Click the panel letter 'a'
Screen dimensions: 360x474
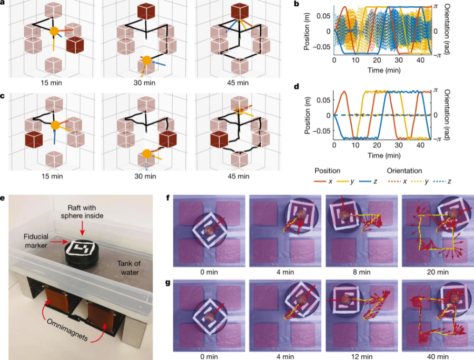[3, 4]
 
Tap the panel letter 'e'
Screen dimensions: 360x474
[3, 199]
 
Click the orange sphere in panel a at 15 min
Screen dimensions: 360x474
[54, 32]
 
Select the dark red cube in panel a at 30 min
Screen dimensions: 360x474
[145, 13]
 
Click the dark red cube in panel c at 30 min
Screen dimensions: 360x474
[168, 139]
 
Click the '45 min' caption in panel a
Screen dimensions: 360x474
[236, 83]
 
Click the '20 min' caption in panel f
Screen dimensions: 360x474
[434, 273]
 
